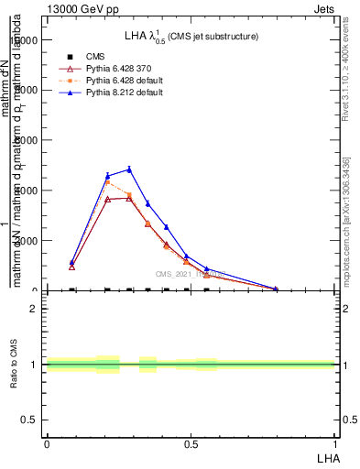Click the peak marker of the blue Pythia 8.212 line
129,169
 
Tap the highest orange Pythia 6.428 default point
107,182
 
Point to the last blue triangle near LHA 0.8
276,289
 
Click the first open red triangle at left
71,267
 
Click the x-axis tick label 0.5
191,444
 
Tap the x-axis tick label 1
335,444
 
